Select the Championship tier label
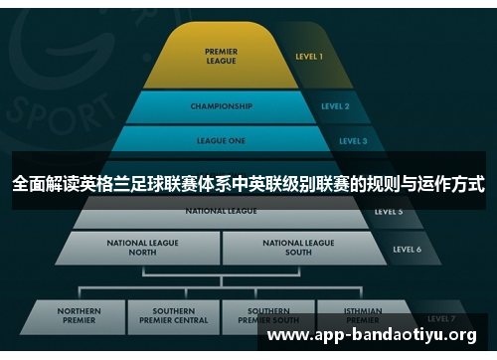coord(221,105)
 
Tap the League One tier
coord(221,140)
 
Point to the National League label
coord(221,211)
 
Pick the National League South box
coord(298,247)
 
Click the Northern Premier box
coord(79,316)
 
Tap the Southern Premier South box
coord(268,316)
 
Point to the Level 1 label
coord(309,57)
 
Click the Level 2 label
coord(335,105)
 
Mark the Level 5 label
coord(389,211)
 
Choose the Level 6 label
coord(406,249)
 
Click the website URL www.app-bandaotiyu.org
coord(372,336)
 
